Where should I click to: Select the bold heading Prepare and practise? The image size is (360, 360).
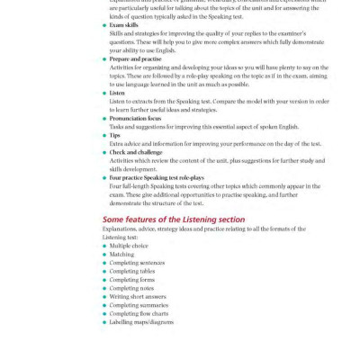click(x=136, y=58)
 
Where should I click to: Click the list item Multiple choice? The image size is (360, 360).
click(x=128, y=246)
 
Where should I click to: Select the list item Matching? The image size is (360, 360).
click(x=121, y=255)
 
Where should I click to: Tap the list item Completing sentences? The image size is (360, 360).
click(x=136, y=263)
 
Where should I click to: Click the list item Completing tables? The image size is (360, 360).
click(x=132, y=271)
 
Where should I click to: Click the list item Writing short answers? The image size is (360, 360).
click(x=136, y=297)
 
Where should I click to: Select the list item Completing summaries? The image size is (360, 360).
click(x=138, y=305)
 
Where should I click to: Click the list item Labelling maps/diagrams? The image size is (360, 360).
click(x=141, y=322)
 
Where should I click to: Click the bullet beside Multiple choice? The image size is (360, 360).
click(x=104, y=246)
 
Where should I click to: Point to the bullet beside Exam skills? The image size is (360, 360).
click(x=104, y=27)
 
